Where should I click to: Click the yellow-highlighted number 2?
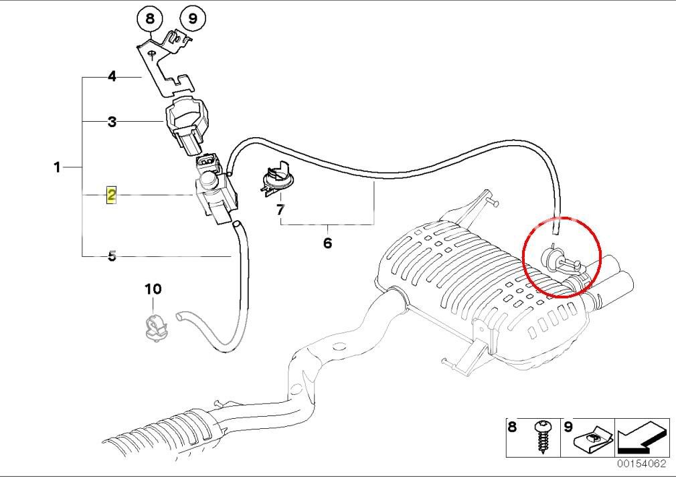click(112, 195)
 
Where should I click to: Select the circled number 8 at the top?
click(150, 18)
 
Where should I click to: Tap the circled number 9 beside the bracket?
click(192, 18)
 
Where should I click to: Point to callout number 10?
click(153, 289)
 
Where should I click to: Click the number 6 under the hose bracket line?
click(327, 243)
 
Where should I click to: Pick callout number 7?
click(280, 210)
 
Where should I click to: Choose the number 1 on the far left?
click(58, 167)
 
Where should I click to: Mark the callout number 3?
click(112, 122)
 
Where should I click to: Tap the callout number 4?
click(112, 77)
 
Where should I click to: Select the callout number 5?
click(112, 256)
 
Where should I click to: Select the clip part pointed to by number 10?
click(154, 326)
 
